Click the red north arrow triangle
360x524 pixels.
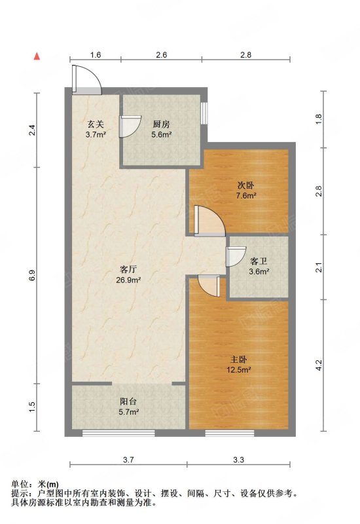(x=37, y=56)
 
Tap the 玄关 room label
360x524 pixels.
(x=96, y=124)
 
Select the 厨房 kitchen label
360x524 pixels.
(x=161, y=124)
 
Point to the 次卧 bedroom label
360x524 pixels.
(x=246, y=185)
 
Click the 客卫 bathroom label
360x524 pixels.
(x=259, y=261)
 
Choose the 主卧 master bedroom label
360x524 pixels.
(x=238, y=360)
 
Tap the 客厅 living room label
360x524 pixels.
(x=128, y=269)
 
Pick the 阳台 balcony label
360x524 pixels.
(x=128, y=402)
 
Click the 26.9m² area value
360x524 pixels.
(x=128, y=280)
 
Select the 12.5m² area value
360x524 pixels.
(x=238, y=370)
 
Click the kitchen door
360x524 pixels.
(x=130, y=126)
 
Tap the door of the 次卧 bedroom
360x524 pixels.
(x=209, y=221)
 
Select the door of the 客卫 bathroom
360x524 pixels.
(x=235, y=256)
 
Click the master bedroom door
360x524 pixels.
(x=208, y=286)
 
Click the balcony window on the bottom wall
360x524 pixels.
(x=118, y=433)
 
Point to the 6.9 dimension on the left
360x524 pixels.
(x=32, y=275)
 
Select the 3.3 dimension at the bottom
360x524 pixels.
(x=238, y=460)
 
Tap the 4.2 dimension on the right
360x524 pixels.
(x=319, y=365)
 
